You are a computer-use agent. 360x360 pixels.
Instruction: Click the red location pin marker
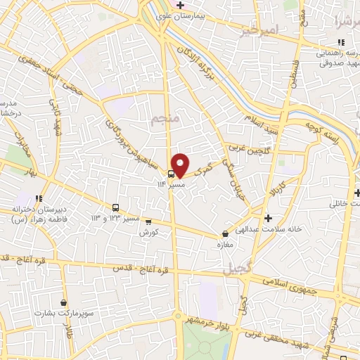coord(181,165)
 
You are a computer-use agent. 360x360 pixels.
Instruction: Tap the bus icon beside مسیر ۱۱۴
coord(171,174)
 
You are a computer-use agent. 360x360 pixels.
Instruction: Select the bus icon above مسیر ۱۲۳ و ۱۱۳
coord(115,207)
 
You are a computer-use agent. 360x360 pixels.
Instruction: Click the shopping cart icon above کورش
coord(148,221)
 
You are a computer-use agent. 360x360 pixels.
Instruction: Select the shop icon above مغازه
coord(225,233)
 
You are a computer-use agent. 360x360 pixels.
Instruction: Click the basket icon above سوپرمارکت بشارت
coord(64,302)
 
